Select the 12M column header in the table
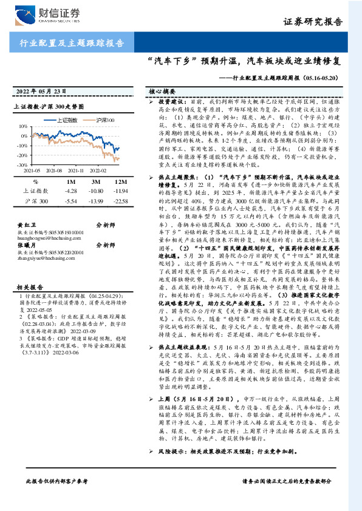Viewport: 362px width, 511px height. click(x=120, y=182)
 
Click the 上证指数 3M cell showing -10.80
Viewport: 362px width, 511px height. click(x=96, y=191)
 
